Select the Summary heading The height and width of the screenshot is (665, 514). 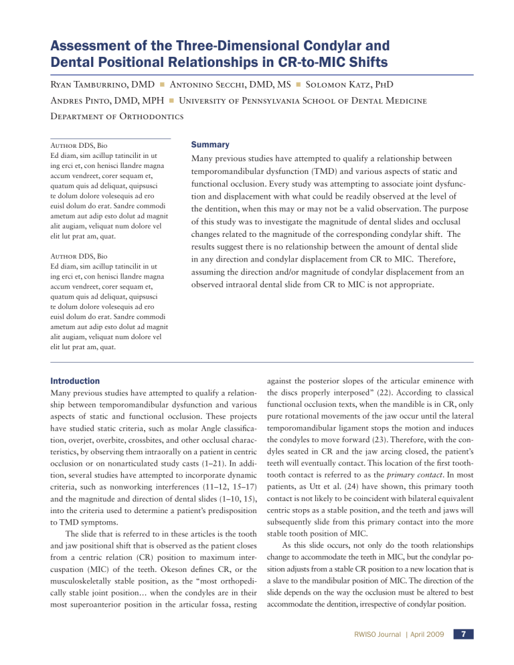click(x=211, y=144)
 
